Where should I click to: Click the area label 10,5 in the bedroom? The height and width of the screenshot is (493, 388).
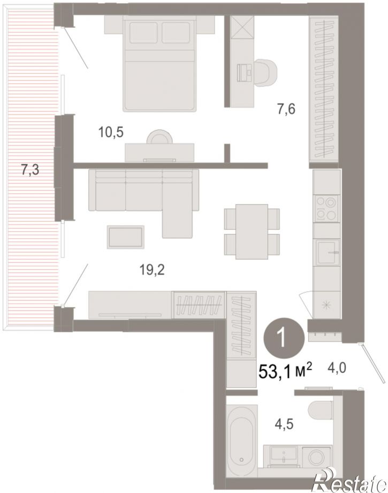pyautogui.click(x=111, y=132)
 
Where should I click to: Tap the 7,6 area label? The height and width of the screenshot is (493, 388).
pyautogui.click(x=286, y=109)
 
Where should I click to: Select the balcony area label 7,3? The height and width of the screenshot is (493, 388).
pyautogui.click(x=30, y=170)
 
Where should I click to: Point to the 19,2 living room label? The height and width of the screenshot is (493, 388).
pyautogui.click(x=152, y=270)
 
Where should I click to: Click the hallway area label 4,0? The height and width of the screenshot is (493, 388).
pyautogui.click(x=337, y=367)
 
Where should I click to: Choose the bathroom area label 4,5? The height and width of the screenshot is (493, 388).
pyautogui.click(x=284, y=424)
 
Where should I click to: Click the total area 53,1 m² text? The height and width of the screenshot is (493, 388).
pyautogui.click(x=285, y=372)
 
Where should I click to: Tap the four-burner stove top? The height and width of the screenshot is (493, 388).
pyautogui.click(x=326, y=208)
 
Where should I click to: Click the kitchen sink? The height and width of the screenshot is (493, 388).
pyautogui.click(x=328, y=253)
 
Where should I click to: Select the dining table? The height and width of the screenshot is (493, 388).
pyautogui.click(x=252, y=231)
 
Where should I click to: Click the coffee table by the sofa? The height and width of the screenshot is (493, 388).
pyautogui.click(x=126, y=237)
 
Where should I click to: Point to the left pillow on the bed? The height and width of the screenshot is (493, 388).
pyautogui.click(x=143, y=33)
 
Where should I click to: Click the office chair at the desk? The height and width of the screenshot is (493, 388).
pyautogui.click(x=264, y=72)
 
